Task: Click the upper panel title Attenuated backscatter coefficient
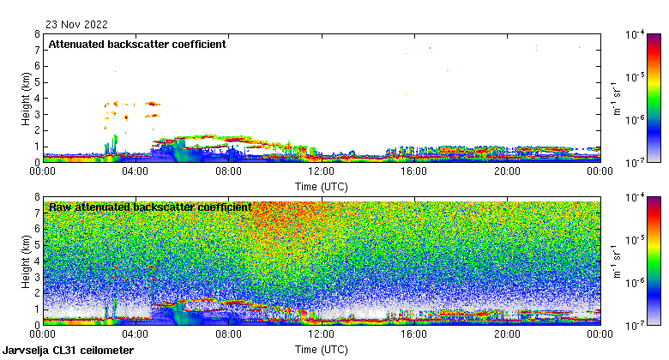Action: pos(137,45)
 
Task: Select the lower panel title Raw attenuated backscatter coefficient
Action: pos(150,207)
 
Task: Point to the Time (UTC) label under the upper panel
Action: pos(322,186)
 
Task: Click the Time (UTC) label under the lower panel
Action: pos(322,350)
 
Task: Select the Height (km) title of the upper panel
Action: pos(27,98)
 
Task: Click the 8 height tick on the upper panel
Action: pos(37,34)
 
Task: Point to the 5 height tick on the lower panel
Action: pos(37,245)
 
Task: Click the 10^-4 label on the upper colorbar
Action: pos(636,35)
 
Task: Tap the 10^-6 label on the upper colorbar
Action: pos(636,120)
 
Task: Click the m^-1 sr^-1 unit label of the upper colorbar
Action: pos(616,98)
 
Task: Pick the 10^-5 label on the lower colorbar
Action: pos(636,241)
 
